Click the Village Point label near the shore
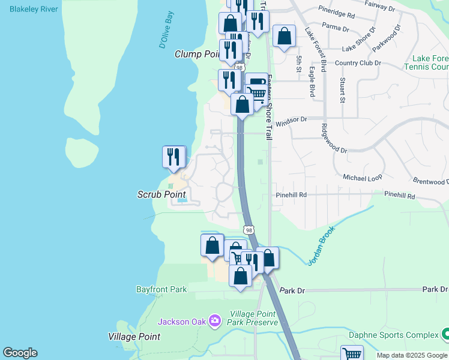point(134,337)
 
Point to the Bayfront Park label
point(161,289)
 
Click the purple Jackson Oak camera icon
point(214,322)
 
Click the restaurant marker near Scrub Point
point(173,157)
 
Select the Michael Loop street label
point(362,178)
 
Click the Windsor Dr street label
point(291,120)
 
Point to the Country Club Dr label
point(358,62)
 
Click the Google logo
point(20,353)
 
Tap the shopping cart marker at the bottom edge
point(351,354)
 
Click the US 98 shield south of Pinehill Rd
point(249,230)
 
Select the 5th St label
point(298,64)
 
